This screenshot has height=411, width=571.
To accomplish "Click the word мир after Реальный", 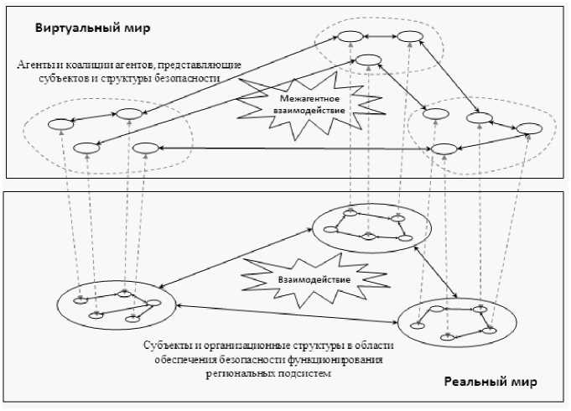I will [522, 382].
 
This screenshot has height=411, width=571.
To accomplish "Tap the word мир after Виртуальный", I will [136, 29].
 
